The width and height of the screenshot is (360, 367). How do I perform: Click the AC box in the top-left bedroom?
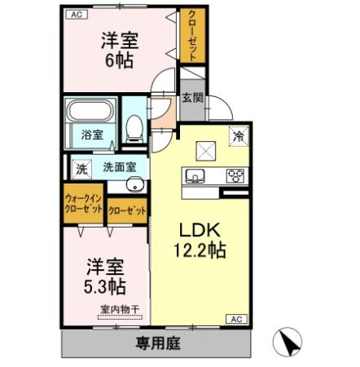(75, 15)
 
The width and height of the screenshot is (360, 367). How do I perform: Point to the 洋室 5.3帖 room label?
(106, 276)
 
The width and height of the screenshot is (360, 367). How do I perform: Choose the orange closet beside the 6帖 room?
(192, 36)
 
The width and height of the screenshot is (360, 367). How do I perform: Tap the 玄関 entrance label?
(192, 99)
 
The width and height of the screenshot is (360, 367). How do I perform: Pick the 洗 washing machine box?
(81, 169)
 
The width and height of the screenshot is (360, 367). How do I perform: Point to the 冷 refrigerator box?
(239, 137)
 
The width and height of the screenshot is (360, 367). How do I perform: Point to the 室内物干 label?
(120, 309)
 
